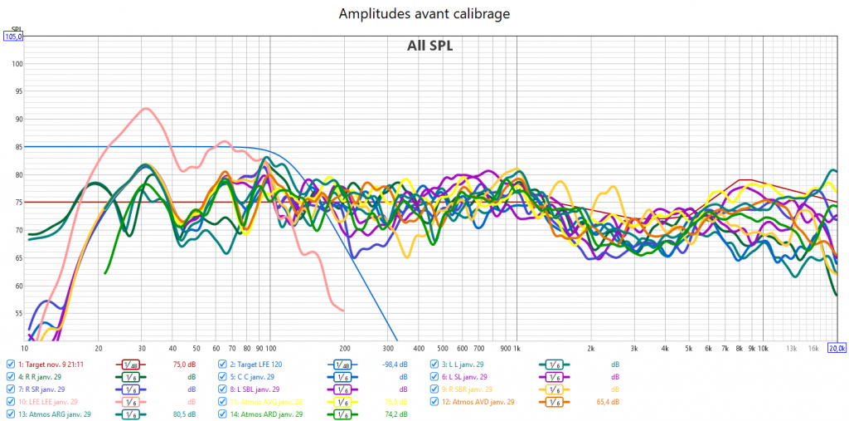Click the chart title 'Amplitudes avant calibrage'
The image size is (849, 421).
[424, 14]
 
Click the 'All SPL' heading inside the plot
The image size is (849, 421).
[429, 46]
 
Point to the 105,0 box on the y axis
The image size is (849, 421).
[14, 37]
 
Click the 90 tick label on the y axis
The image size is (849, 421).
[17, 119]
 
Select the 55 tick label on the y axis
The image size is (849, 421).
[17, 313]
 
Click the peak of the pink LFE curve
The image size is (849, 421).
[146, 109]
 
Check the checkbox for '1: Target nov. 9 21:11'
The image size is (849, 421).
[10, 365]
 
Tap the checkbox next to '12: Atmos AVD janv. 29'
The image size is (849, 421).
[435, 402]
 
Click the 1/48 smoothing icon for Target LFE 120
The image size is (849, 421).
[343, 365]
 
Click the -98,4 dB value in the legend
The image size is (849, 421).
[395, 365]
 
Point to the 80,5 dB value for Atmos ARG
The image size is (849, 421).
[183, 414]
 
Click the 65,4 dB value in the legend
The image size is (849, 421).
[608, 402]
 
